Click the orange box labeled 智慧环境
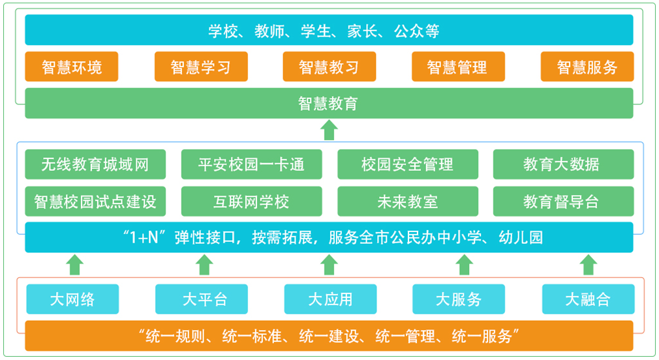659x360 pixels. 72,67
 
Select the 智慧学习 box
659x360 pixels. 201,67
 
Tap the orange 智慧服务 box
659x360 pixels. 587,67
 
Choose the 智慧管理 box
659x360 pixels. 458,67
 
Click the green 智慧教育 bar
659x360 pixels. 329,103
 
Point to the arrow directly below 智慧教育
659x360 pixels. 329,130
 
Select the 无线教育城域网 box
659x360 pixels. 95,164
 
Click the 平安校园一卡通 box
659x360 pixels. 251,164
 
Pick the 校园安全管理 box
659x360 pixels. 408,164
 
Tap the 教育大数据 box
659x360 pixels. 563,164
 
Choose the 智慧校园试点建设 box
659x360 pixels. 95,202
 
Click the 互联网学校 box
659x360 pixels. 251,202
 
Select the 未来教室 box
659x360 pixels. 408,202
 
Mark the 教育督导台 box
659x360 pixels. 563,202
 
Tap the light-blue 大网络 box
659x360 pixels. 72,299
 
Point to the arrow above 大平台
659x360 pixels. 204,265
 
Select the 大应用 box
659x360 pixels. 330,299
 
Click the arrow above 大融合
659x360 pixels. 589,265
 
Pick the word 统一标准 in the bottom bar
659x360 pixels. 252,336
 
